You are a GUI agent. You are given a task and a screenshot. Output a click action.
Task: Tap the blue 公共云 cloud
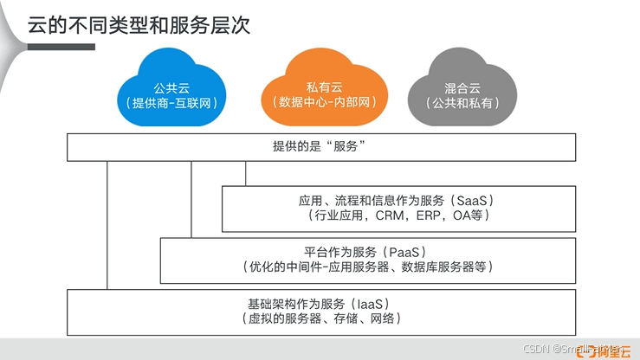click(170, 87)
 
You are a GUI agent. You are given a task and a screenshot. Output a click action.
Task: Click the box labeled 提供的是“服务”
click(321, 147)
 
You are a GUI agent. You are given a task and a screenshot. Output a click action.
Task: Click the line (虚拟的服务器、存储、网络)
click(321, 318)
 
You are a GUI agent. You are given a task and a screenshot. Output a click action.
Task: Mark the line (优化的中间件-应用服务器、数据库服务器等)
click(368, 267)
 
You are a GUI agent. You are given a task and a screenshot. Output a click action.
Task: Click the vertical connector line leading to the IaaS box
click(107, 225)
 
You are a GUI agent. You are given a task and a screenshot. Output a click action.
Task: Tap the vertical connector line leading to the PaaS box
click(191, 199)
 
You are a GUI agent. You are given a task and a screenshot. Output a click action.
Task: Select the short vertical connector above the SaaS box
click(246, 173)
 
